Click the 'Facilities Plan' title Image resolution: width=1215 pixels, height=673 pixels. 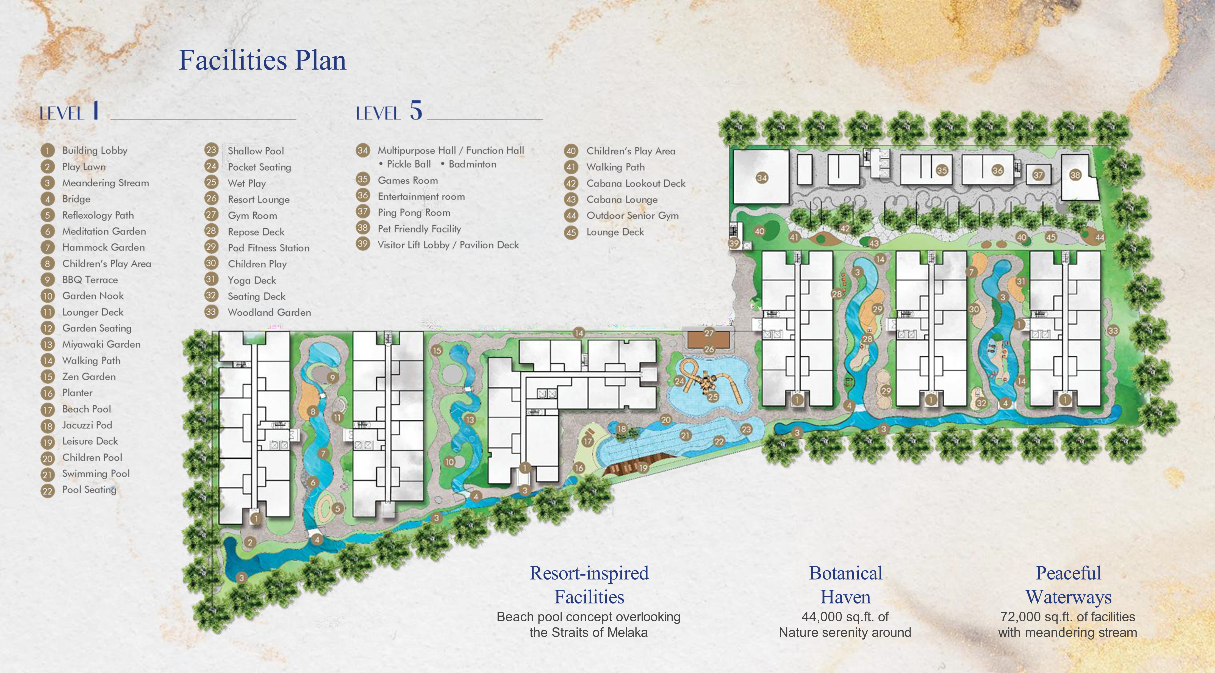click(x=262, y=61)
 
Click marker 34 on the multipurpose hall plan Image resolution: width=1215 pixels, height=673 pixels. click(x=762, y=178)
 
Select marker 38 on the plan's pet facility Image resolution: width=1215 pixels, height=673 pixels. click(x=1075, y=175)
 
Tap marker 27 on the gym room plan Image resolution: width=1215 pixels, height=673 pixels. click(x=709, y=333)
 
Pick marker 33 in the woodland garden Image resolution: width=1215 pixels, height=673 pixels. click(x=1113, y=331)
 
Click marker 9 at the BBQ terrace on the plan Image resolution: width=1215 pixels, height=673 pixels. click(x=332, y=377)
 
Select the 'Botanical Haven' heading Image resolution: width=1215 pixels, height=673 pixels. click(x=845, y=585)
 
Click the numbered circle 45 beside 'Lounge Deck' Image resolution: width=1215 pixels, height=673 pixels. click(x=571, y=232)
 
